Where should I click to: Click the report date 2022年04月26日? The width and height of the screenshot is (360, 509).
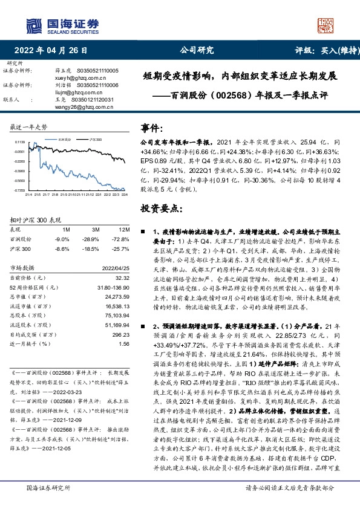[x=54, y=50]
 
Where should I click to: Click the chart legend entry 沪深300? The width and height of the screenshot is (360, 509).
[x=94, y=138]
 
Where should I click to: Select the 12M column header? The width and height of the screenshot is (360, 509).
[x=125, y=230]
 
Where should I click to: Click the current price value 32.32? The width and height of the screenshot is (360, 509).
[x=122, y=277]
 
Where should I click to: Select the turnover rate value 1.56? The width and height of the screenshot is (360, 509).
[x=124, y=344]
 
